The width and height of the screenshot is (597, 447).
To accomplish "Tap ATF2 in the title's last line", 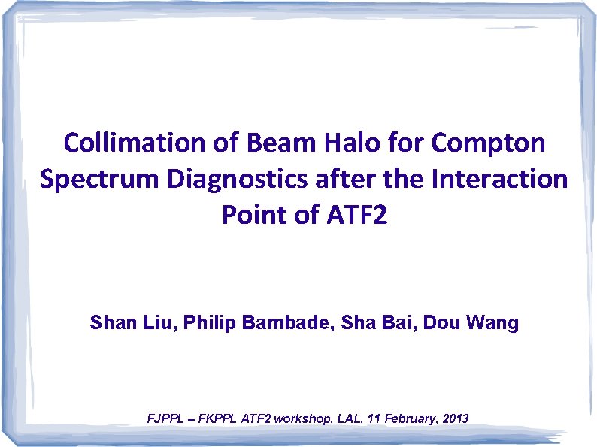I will pyautogui.click(x=352, y=215).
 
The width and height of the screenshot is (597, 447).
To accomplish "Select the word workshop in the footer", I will pyautogui.click(x=301, y=418).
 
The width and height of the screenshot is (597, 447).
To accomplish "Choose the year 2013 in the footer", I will pyautogui.click(x=453, y=418).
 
